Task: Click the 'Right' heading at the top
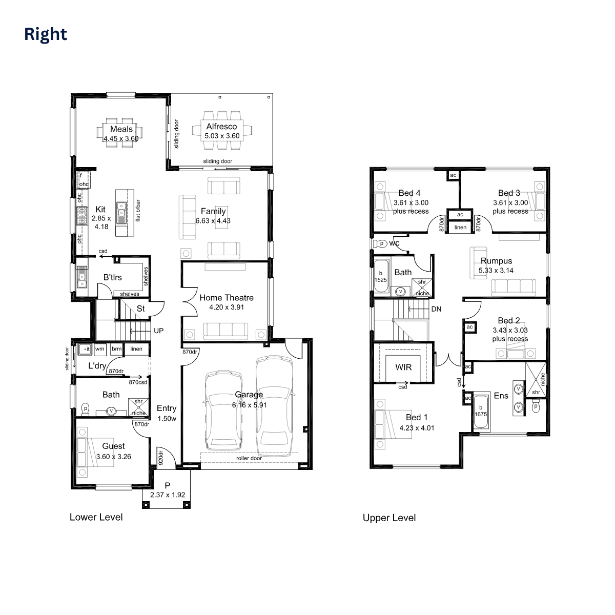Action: (46, 34)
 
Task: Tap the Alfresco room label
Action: (222, 127)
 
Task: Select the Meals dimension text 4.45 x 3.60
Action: (121, 138)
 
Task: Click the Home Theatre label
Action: (227, 297)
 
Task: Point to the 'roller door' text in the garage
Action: (249, 458)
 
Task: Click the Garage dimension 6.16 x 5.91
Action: (249, 405)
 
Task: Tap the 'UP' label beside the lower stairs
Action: (159, 331)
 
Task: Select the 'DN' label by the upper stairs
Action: (436, 309)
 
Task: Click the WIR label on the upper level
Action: (403, 367)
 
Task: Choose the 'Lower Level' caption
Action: (96, 517)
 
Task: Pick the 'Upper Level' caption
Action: (389, 518)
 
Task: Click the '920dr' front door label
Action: (160, 457)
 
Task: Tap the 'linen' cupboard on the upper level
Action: (460, 227)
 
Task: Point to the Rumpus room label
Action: (496, 261)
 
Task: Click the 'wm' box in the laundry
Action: (99, 349)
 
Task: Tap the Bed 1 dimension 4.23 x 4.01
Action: (417, 428)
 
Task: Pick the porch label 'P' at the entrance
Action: (168, 486)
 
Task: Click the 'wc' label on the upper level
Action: (395, 243)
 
